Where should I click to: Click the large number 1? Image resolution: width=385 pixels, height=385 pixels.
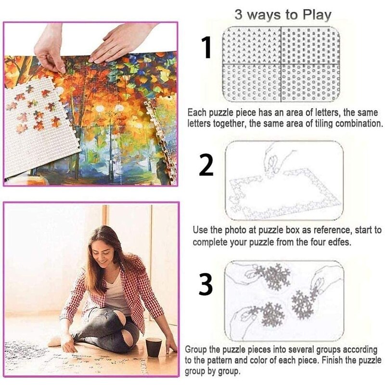(x=206, y=48)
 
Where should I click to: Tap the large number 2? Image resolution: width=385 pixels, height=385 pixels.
(x=206, y=165)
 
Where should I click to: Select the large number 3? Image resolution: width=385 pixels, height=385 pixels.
(x=205, y=285)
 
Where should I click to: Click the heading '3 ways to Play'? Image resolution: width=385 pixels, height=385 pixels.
(x=283, y=14)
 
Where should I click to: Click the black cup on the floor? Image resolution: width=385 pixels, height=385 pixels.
(x=154, y=346)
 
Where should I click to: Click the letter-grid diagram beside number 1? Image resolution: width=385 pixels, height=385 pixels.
(x=282, y=64)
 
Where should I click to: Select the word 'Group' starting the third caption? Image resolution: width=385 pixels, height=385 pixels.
(x=197, y=349)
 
